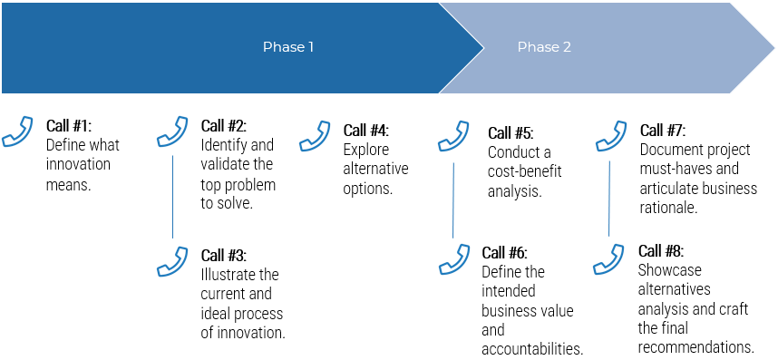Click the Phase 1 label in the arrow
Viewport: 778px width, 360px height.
(x=288, y=47)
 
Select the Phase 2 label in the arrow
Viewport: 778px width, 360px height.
(x=544, y=47)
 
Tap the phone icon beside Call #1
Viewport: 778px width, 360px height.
(x=17, y=131)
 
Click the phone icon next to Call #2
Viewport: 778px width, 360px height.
(x=172, y=131)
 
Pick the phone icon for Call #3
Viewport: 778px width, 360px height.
(x=172, y=261)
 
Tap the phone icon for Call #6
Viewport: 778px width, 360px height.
(x=453, y=259)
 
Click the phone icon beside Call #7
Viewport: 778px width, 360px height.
(x=610, y=137)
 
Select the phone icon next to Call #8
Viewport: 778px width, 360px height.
(x=608, y=258)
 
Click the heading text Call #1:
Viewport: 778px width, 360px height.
(x=69, y=125)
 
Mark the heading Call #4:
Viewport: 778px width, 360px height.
(x=366, y=130)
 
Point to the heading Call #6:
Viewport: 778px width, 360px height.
(x=504, y=253)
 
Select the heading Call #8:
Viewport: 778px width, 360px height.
(x=661, y=251)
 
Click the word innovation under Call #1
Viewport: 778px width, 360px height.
(x=78, y=164)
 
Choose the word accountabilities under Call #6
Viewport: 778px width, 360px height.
(x=531, y=349)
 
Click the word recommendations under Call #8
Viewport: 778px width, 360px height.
(x=695, y=347)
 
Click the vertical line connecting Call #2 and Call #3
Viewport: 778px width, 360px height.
(x=172, y=196)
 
